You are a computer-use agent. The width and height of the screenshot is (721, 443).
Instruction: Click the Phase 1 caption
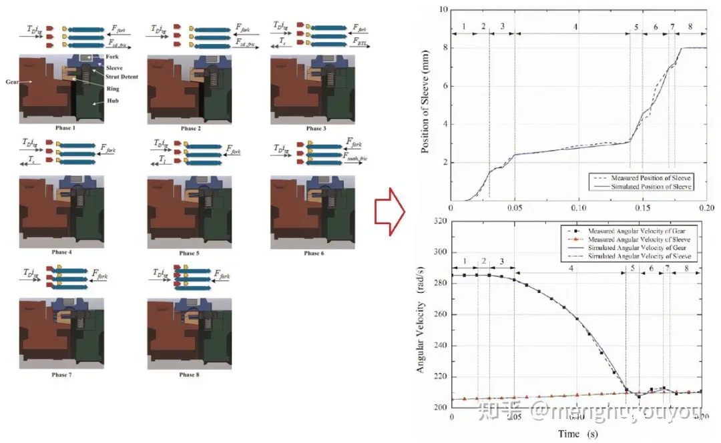65,128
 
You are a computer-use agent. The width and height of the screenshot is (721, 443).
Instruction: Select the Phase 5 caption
190,254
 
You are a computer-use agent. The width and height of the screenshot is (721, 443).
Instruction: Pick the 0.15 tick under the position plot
642,207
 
